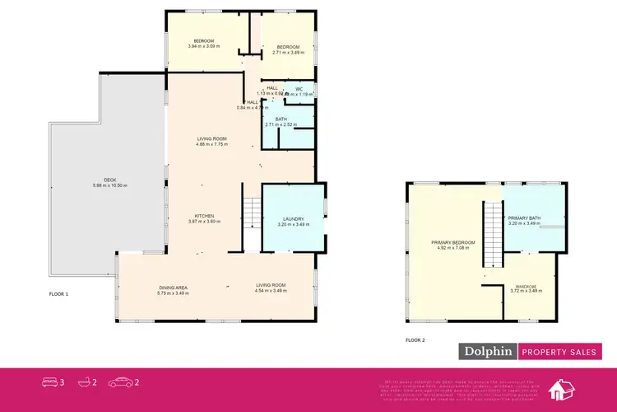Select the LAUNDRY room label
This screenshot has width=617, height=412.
(293, 218)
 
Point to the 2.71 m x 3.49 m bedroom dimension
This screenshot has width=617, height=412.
(290, 52)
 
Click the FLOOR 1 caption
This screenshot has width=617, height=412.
(58, 294)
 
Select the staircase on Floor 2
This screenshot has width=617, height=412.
(492, 234)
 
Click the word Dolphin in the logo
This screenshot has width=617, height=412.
(487, 352)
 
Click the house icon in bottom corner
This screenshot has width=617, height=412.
(566, 389)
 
